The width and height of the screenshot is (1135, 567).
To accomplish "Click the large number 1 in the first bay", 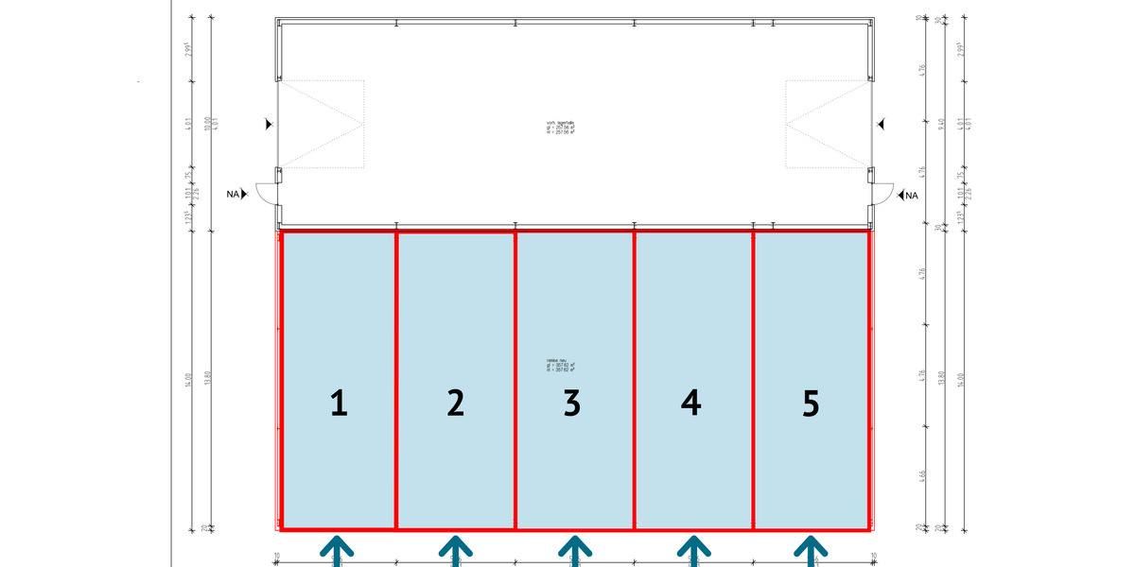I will click(339, 404).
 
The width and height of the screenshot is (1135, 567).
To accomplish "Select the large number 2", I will click(455, 404).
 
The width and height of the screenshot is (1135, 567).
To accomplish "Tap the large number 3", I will click(571, 404).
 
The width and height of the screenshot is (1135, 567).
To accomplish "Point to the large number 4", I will click(691, 404).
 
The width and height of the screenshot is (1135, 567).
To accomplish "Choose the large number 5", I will click(810, 404).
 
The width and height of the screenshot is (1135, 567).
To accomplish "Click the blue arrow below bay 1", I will click(338, 549).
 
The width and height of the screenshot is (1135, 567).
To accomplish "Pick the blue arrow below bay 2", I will click(455, 549).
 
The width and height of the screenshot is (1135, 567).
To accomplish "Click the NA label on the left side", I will click(233, 195).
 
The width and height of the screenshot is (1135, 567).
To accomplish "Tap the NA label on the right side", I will click(911, 196).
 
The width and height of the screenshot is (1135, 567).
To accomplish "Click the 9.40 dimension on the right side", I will click(938, 125).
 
